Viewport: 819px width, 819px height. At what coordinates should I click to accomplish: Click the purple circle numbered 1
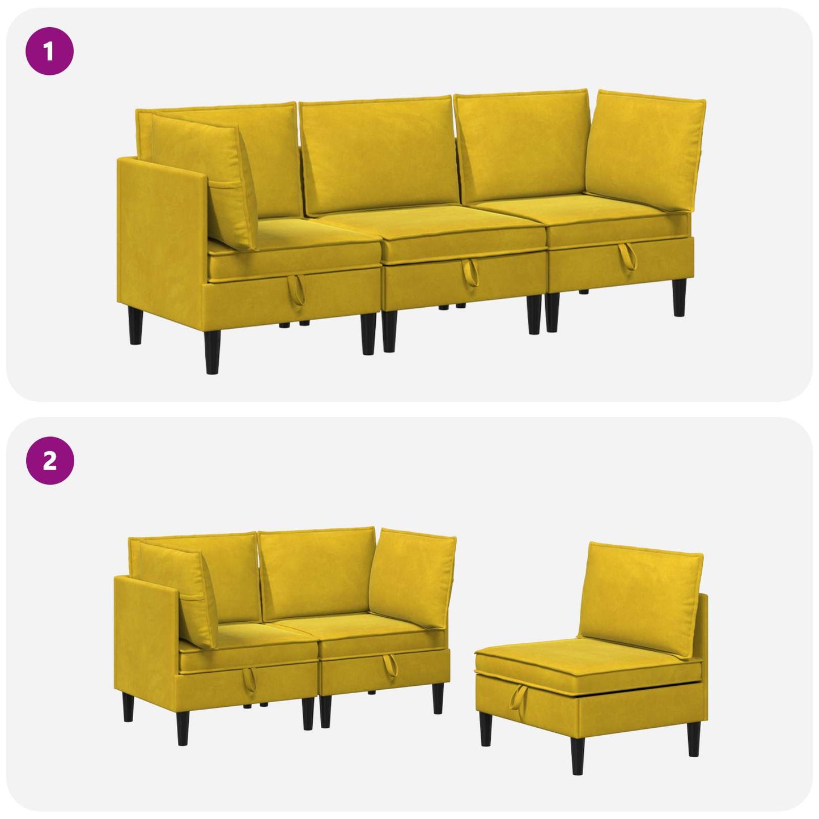tap(50, 51)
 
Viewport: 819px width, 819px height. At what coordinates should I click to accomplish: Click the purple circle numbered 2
tap(50, 460)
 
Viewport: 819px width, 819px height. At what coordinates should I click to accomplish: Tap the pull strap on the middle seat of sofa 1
tap(470, 273)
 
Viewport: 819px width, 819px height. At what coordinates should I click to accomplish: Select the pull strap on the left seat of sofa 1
tap(296, 290)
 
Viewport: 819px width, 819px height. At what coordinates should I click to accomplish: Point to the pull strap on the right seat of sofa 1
tap(628, 257)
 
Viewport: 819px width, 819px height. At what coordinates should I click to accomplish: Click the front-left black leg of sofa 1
tap(212, 352)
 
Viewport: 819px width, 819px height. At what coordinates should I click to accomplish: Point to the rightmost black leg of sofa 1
tap(679, 298)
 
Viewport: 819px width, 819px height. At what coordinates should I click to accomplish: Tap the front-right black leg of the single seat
tap(693, 739)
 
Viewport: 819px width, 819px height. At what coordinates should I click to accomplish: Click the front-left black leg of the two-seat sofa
tap(183, 727)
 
